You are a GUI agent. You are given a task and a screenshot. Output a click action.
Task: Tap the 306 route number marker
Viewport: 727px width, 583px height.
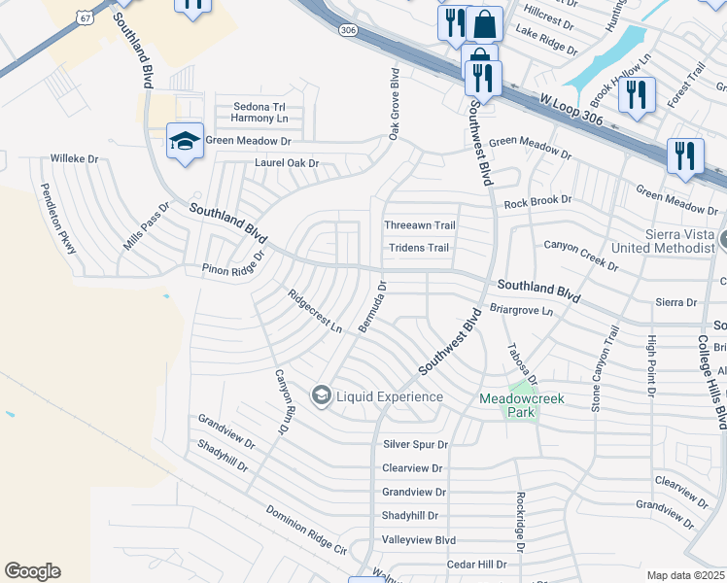click(x=347, y=31)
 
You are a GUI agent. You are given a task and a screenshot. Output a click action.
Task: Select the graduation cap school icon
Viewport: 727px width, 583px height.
click(x=185, y=141)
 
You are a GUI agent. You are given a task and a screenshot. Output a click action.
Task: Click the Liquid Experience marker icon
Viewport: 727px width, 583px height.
click(x=321, y=395)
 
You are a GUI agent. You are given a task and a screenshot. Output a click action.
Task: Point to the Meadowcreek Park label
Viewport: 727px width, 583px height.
click(x=522, y=405)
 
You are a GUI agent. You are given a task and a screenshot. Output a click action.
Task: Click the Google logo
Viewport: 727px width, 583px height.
click(x=32, y=571)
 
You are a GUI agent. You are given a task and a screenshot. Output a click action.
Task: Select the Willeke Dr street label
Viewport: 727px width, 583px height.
click(x=74, y=157)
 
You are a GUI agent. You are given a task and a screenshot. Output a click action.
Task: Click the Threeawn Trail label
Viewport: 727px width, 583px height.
click(x=420, y=224)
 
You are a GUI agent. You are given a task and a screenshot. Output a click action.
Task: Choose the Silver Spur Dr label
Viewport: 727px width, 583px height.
click(x=415, y=444)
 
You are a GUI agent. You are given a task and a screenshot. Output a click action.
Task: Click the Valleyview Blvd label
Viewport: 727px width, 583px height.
click(x=418, y=539)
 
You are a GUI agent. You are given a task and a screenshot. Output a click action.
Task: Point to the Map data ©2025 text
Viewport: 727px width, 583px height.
click(x=686, y=575)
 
